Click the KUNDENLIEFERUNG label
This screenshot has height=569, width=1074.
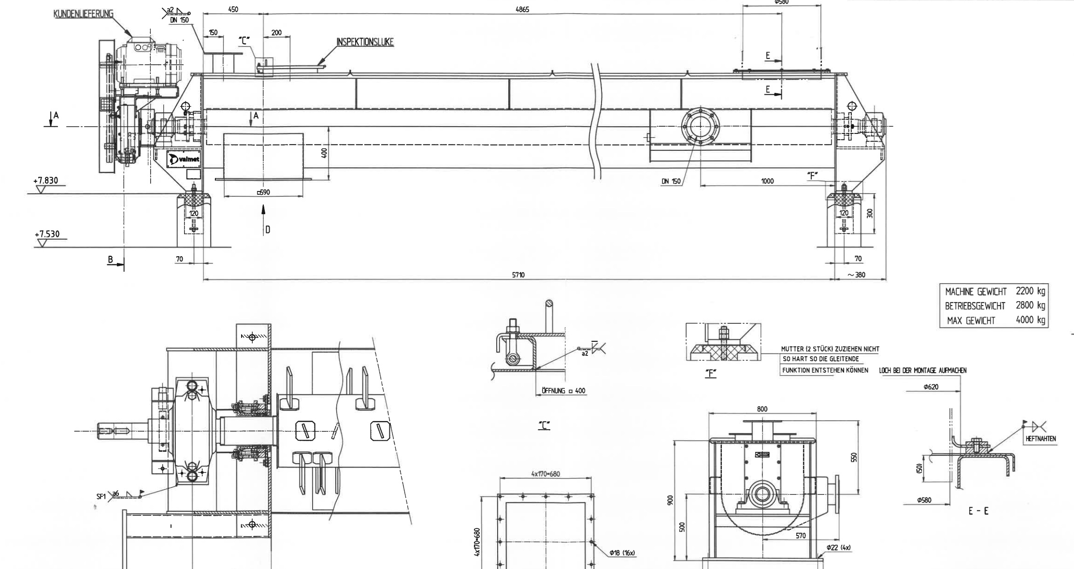[x=83, y=14]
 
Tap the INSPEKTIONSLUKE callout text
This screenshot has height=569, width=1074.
[x=365, y=42]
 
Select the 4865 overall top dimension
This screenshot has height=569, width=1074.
[x=522, y=9]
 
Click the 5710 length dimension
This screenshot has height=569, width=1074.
[x=518, y=275]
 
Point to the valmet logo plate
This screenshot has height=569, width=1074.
[x=183, y=159]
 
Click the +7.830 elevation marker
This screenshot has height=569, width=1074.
[x=45, y=180]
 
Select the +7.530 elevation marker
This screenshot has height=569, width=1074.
[x=47, y=234]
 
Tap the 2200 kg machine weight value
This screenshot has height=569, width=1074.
[x=1031, y=291]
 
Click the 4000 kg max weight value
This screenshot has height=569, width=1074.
[x=1031, y=320]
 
